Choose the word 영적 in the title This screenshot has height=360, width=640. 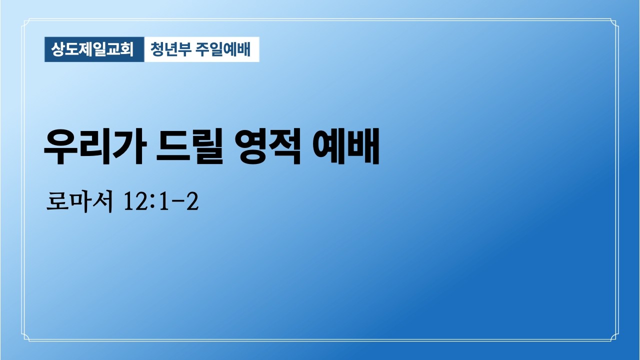point(269,148)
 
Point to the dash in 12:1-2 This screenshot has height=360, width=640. point(176,203)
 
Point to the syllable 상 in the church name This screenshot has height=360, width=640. point(59,49)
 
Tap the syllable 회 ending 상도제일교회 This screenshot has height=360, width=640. point(128,49)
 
